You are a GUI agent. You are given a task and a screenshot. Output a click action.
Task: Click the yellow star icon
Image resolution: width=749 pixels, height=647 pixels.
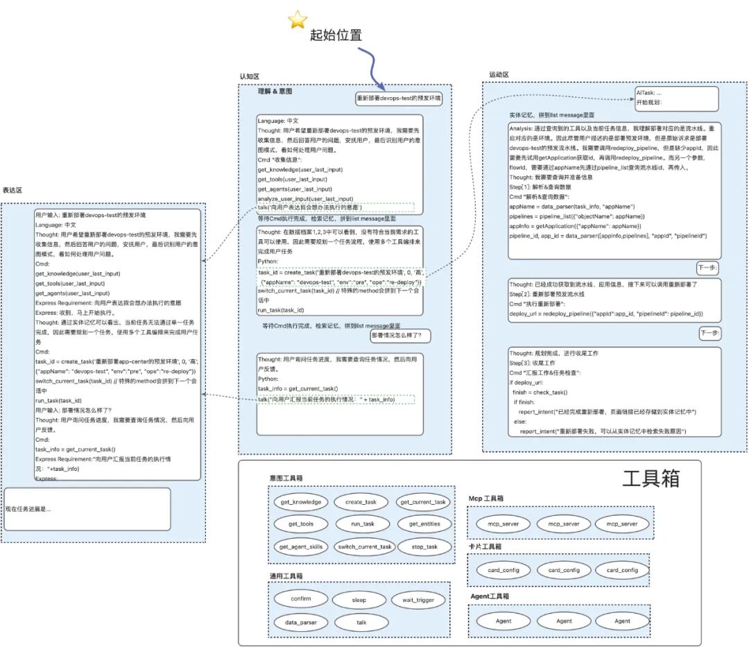pyautogui.click(x=298, y=20)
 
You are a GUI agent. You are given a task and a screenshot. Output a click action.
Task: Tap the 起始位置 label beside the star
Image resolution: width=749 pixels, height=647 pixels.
pyautogui.click(x=336, y=35)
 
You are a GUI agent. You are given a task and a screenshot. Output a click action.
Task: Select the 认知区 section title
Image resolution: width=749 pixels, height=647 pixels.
pyautogui.click(x=249, y=76)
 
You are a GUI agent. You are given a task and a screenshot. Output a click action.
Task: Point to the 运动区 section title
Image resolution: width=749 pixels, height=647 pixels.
pyautogui.click(x=499, y=74)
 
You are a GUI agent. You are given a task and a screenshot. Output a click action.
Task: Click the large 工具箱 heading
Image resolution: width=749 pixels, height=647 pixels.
pyautogui.click(x=651, y=478)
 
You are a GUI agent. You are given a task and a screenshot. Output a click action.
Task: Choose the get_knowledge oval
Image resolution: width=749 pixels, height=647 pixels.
pyautogui.click(x=301, y=501)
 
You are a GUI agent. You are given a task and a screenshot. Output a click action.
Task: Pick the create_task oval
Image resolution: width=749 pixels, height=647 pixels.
pyautogui.click(x=361, y=501)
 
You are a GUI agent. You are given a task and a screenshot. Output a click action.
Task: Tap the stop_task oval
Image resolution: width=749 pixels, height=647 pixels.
pyautogui.click(x=424, y=546)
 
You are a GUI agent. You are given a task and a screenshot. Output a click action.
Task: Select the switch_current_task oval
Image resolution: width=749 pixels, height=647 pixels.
pyautogui.click(x=364, y=546)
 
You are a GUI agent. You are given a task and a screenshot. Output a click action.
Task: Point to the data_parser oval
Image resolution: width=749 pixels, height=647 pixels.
pyautogui.click(x=301, y=622)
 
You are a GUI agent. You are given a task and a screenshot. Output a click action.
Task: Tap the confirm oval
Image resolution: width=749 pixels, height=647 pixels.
pyautogui.click(x=301, y=599)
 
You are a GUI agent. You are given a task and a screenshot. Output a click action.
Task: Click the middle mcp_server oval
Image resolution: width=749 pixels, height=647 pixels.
pyautogui.click(x=563, y=524)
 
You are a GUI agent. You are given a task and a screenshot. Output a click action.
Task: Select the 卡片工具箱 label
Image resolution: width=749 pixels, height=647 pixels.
pyautogui.click(x=485, y=546)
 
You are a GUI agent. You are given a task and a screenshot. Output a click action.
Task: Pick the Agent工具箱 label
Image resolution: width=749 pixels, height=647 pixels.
pyautogui.click(x=490, y=596)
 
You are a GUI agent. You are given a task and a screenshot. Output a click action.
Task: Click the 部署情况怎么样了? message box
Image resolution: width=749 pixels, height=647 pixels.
pyautogui.click(x=400, y=336)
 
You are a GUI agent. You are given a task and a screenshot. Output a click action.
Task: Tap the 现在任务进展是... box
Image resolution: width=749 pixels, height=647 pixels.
pyautogui.click(x=87, y=509)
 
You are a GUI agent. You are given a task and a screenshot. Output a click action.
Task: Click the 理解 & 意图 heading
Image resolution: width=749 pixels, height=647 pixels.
pyautogui.click(x=275, y=92)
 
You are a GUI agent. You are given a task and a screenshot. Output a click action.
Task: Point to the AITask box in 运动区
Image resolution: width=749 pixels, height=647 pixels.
pyautogui.click(x=676, y=97)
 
